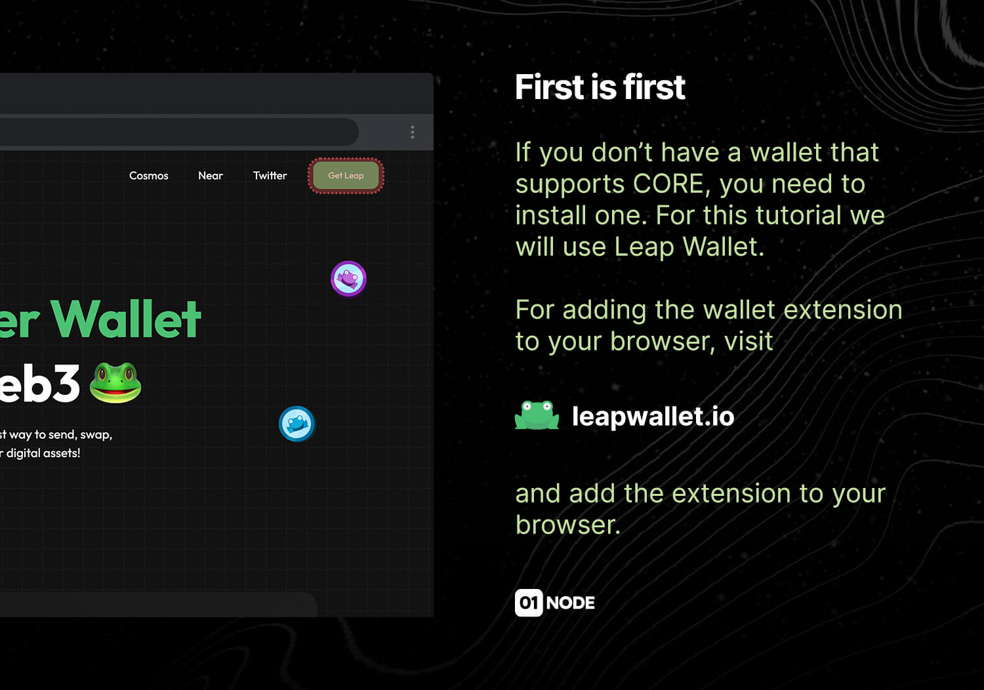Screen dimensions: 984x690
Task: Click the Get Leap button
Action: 346,176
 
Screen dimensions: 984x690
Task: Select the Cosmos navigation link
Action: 148,176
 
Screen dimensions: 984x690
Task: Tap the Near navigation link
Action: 211,176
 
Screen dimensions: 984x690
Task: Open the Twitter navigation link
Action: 270,176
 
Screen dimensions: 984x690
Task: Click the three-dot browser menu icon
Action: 412,132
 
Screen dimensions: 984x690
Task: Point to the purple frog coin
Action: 348,279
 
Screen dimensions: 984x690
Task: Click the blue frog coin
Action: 297,424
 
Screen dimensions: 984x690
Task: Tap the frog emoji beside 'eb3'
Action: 115,382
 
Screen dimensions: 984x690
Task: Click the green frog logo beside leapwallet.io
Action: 537,415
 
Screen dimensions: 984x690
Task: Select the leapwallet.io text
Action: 653,416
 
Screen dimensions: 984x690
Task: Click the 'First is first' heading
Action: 600,87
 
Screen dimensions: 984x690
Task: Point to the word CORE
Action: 670,184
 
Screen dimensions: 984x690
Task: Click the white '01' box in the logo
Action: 529,603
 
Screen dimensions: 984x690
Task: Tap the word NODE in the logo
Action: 570,603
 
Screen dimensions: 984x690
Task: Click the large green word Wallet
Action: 126,319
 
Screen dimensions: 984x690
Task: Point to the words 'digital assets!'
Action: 43,453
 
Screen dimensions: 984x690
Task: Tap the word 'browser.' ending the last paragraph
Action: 568,525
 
